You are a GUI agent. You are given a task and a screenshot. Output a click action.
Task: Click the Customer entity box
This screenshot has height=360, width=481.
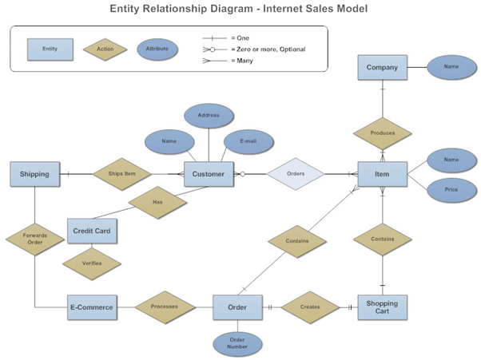pos(209,174)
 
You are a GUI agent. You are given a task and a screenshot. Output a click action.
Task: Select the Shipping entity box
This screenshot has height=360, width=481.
pos(35,174)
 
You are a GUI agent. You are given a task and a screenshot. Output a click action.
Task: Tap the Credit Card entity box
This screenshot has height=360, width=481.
pos(93,231)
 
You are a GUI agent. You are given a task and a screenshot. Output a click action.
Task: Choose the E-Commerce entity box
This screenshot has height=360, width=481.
pos(92,307)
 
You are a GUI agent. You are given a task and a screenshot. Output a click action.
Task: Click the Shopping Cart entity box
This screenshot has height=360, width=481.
pos(382,307)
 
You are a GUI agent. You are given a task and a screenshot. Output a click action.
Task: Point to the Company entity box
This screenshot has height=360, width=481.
pos(382,68)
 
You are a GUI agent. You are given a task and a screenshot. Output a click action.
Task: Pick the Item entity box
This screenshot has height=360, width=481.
pos(382,174)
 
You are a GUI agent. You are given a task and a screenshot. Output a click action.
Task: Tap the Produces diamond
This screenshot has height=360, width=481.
pos(383,133)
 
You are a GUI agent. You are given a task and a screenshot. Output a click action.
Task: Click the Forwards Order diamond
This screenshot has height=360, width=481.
pos(35,239)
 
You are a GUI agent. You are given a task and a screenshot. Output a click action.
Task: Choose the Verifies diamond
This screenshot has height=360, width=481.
pos(92,262)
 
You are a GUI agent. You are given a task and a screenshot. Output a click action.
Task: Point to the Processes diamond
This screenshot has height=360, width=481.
pos(165,307)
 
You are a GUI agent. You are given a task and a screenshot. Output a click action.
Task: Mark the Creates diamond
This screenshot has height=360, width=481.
pos(310,307)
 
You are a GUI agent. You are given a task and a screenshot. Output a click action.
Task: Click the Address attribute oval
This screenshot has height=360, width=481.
pos(209,115)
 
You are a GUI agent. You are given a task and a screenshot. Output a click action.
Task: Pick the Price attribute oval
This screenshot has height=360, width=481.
pos(451,190)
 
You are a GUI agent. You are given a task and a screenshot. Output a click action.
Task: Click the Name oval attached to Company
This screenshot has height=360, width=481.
pos(451,67)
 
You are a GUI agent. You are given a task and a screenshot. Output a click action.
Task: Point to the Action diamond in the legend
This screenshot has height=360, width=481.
pos(105,49)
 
